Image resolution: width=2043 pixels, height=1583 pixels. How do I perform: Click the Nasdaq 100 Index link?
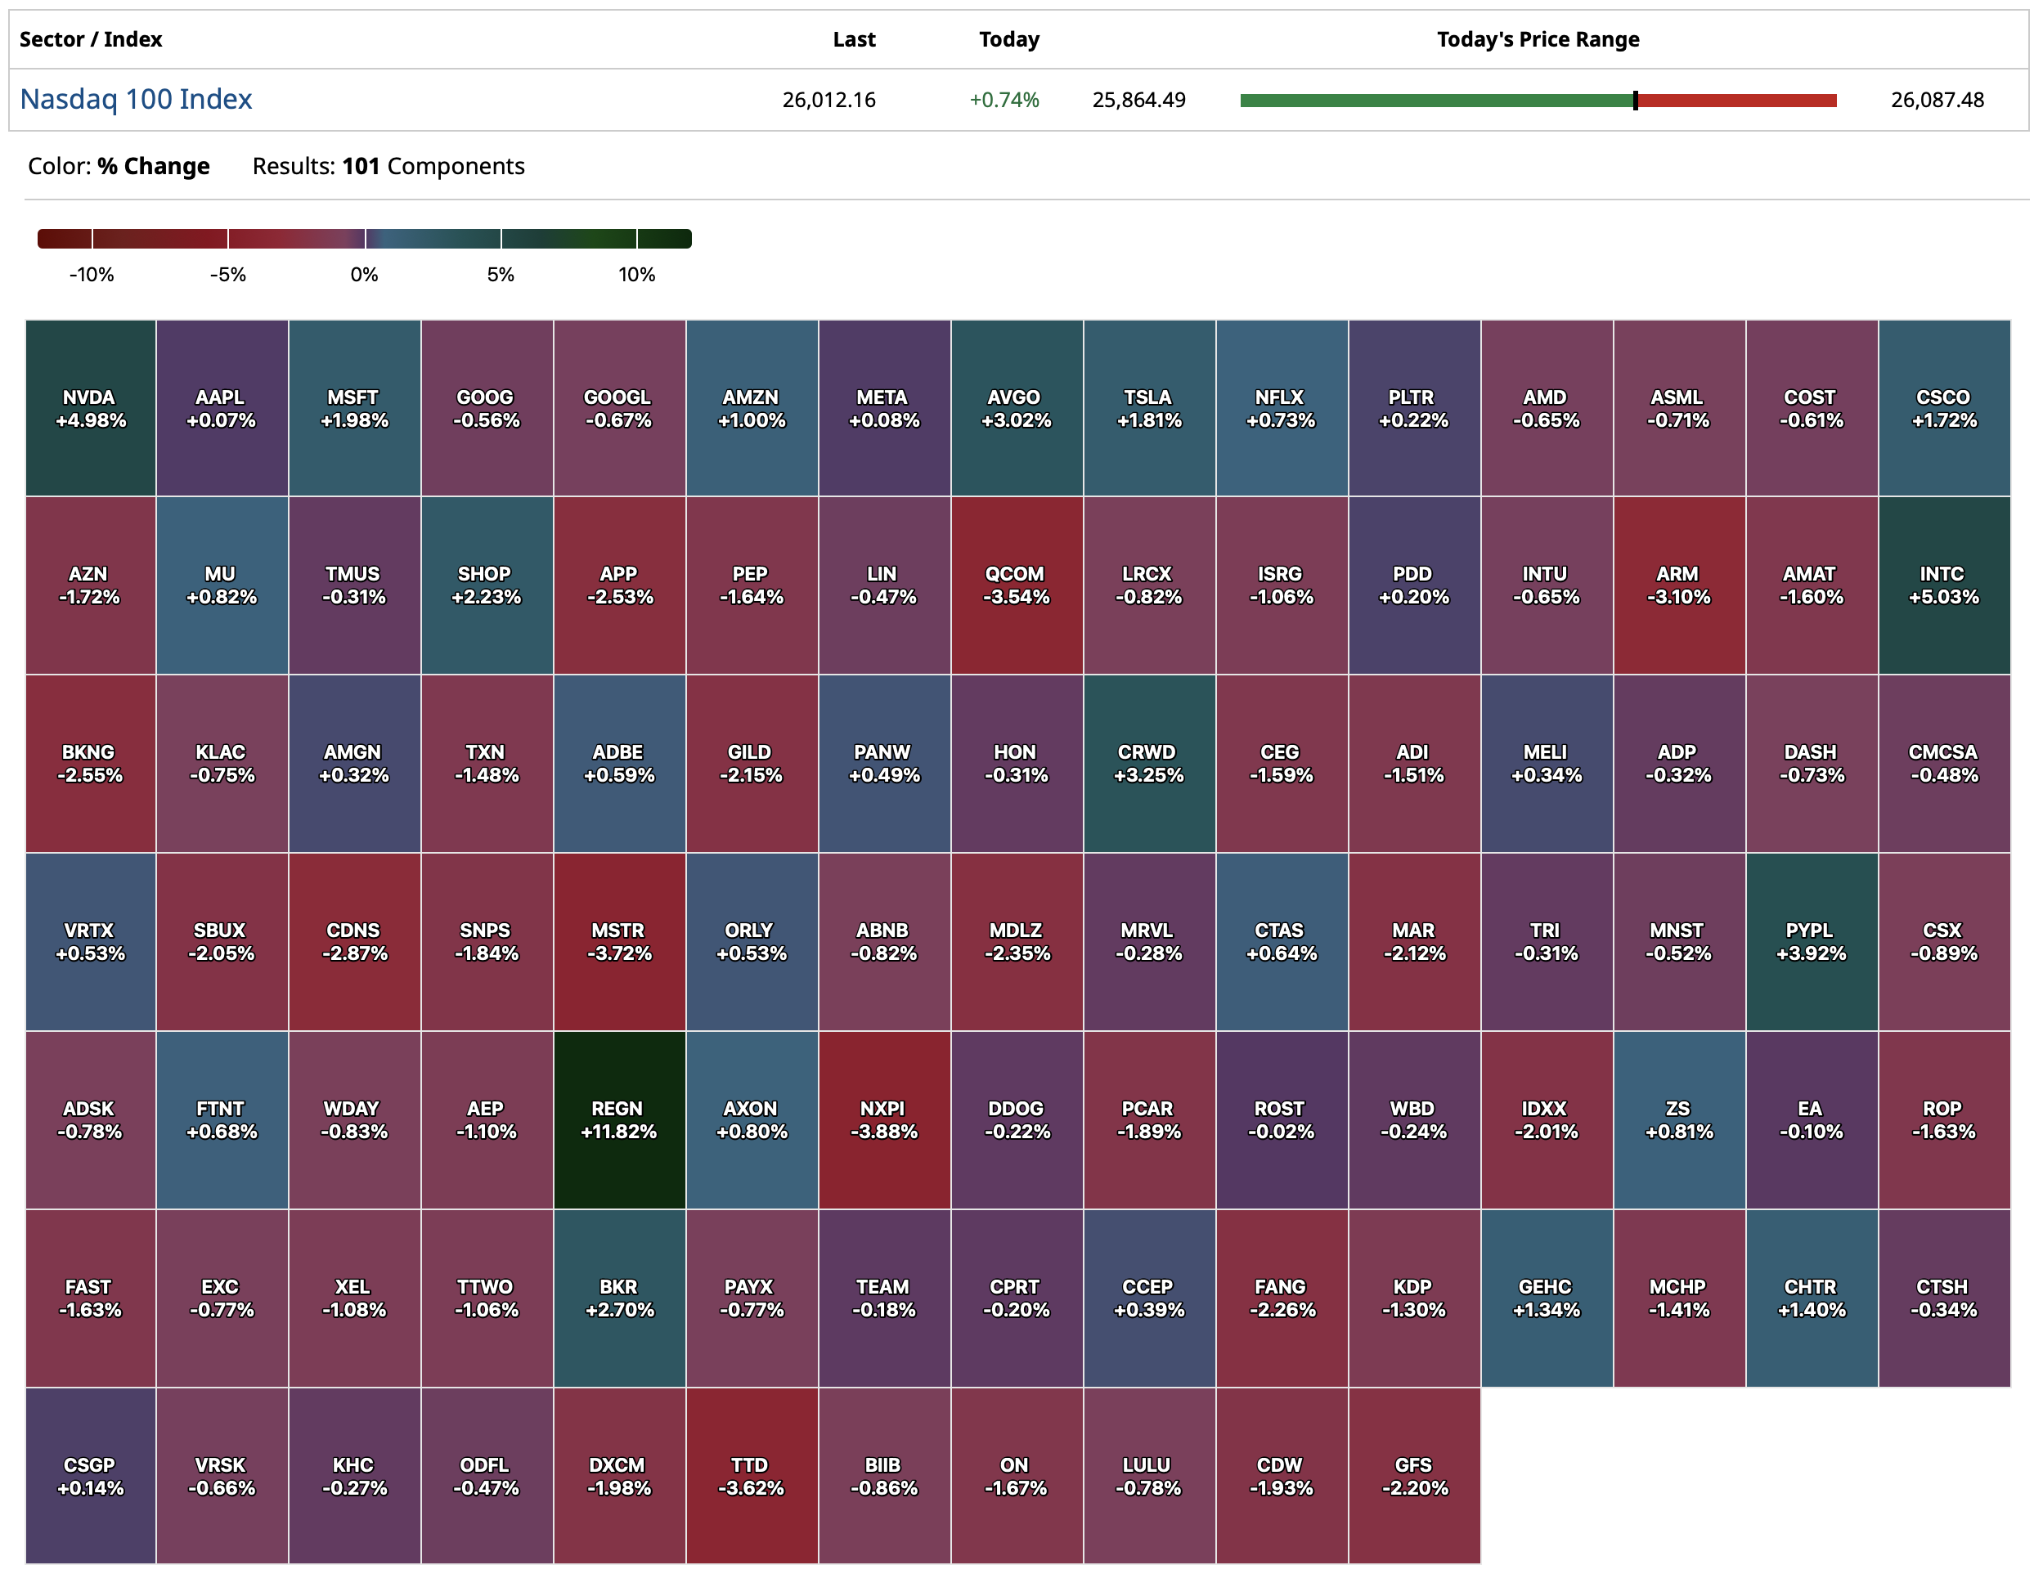tap(136, 99)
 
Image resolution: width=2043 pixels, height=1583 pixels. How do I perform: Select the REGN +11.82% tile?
tap(618, 1119)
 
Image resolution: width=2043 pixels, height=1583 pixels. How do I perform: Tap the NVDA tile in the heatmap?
tap(90, 408)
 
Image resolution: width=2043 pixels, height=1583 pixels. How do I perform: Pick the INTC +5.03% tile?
tap(1943, 585)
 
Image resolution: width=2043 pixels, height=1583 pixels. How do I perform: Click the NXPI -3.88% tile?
tap(883, 1119)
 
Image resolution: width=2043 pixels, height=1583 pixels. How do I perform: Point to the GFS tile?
tap(1413, 1475)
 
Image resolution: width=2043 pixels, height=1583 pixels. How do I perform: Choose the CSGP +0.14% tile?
tap(90, 1475)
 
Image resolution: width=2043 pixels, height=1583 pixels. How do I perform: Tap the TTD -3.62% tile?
tap(750, 1475)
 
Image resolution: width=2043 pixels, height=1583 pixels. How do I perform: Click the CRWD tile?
tap(1147, 763)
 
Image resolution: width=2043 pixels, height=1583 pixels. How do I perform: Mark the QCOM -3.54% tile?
tap(1016, 585)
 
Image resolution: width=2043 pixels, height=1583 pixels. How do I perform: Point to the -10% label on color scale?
tap(92, 275)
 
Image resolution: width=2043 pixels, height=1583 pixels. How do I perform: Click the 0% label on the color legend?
tap(364, 275)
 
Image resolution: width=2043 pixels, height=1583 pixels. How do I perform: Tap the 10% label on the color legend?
tap(636, 275)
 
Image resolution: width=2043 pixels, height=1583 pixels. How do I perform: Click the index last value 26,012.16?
tap(828, 100)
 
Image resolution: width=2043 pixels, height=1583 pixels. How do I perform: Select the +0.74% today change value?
tap(1004, 100)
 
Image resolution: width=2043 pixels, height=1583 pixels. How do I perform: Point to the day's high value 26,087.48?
tap(1937, 100)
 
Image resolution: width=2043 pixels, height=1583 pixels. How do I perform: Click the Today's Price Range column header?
tap(1537, 39)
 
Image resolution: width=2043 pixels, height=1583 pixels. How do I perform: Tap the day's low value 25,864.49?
tap(1138, 100)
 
